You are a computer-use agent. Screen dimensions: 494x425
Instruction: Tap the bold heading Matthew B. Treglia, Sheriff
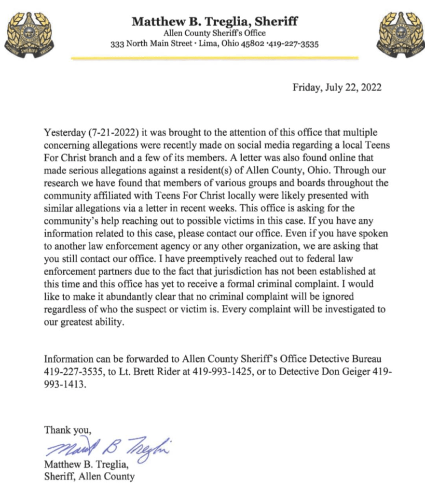click(215, 21)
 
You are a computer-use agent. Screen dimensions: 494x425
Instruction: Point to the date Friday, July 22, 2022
click(337, 88)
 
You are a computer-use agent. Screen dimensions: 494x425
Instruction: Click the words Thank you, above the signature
click(67, 429)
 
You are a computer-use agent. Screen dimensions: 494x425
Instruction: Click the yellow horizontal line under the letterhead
click(215, 58)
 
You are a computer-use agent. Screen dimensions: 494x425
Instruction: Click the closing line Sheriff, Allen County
click(89, 477)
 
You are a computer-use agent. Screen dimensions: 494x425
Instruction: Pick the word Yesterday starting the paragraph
click(63, 132)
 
